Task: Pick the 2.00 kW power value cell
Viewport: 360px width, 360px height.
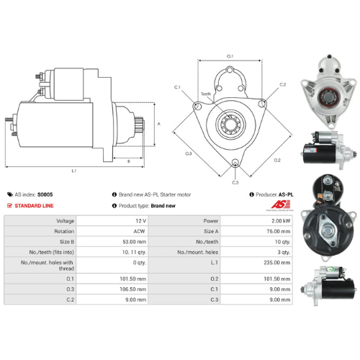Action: [x=279, y=220]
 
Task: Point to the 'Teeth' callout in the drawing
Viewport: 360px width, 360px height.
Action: [x=206, y=94]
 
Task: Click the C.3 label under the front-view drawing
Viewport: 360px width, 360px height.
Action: [x=235, y=182]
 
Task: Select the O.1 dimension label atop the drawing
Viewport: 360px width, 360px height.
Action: [x=230, y=55]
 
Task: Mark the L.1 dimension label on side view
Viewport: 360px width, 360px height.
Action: [x=74, y=170]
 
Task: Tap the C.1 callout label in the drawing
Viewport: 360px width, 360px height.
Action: [x=177, y=87]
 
